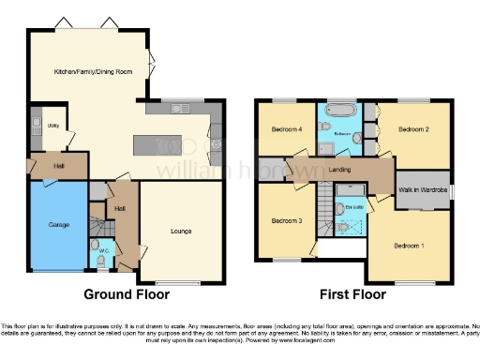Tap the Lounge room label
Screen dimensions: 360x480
[x=182, y=231]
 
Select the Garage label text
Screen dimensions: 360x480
[x=58, y=225]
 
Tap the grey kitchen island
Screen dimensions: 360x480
[x=156, y=145]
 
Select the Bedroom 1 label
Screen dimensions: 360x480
[x=409, y=246]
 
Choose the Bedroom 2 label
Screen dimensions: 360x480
[x=413, y=129]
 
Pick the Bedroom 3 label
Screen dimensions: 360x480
[x=286, y=221]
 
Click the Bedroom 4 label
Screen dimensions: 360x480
[x=285, y=129]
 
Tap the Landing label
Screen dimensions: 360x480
[x=340, y=170]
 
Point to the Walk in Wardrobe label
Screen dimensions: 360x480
[x=421, y=189]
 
